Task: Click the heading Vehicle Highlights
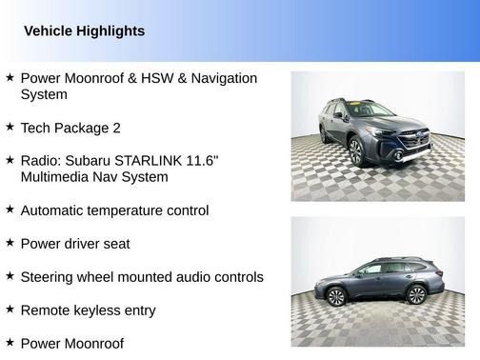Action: click(x=84, y=31)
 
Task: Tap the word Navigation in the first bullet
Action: click(x=220, y=78)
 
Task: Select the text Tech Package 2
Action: click(x=70, y=128)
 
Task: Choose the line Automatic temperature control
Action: click(x=114, y=210)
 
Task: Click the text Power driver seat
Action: click(x=75, y=244)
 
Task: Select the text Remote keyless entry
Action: click(x=88, y=310)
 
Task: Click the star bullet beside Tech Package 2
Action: click(x=10, y=127)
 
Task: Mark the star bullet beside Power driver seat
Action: click(x=10, y=243)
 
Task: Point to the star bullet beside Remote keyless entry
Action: click(x=10, y=310)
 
